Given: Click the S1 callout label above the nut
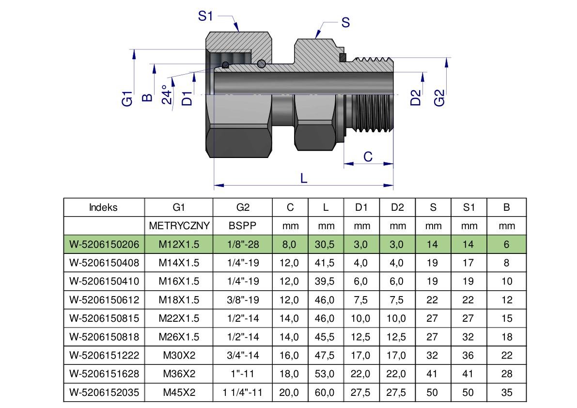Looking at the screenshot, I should pyautogui.click(x=205, y=16).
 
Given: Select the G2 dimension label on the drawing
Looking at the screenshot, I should pyautogui.click(x=439, y=98).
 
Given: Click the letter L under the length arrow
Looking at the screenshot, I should pyautogui.click(x=304, y=178).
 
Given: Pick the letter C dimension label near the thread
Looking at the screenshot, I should pyautogui.click(x=368, y=157).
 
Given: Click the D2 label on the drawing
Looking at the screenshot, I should pyautogui.click(x=416, y=98).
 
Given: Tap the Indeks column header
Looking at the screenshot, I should pyautogui.click(x=103, y=207).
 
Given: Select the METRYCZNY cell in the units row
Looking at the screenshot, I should pyautogui.click(x=179, y=226).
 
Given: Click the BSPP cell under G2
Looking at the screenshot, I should pyautogui.click(x=243, y=226).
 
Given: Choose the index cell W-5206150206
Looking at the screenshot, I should pyautogui.click(x=104, y=244).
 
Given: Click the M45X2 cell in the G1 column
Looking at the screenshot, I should pyautogui.click(x=179, y=392).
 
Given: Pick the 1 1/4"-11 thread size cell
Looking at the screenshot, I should pyautogui.click(x=243, y=392).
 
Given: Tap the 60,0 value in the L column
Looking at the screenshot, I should pyautogui.click(x=326, y=392).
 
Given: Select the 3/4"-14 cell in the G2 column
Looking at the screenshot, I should pyautogui.click(x=243, y=355).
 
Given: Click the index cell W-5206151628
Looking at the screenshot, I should pyautogui.click(x=104, y=374).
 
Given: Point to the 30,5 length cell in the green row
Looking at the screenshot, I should pyautogui.click(x=326, y=244).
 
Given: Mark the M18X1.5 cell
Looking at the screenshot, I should pyautogui.click(x=179, y=300).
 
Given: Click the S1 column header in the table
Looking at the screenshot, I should pyautogui.click(x=468, y=207).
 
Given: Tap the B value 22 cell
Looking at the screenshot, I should pyautogui.click(x=507, y=355).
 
